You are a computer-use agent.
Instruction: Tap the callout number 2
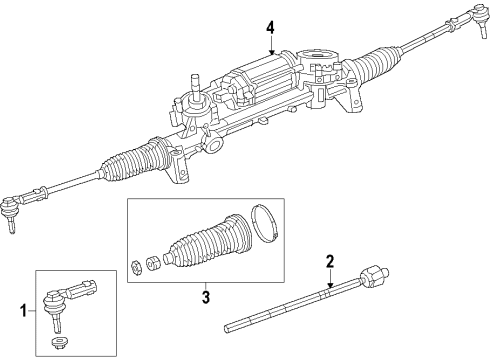328,262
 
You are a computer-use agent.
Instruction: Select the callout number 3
205,296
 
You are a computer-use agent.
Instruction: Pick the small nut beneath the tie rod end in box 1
58,345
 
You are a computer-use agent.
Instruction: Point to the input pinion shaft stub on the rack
194,79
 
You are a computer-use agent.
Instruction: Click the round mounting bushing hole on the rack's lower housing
213,147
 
